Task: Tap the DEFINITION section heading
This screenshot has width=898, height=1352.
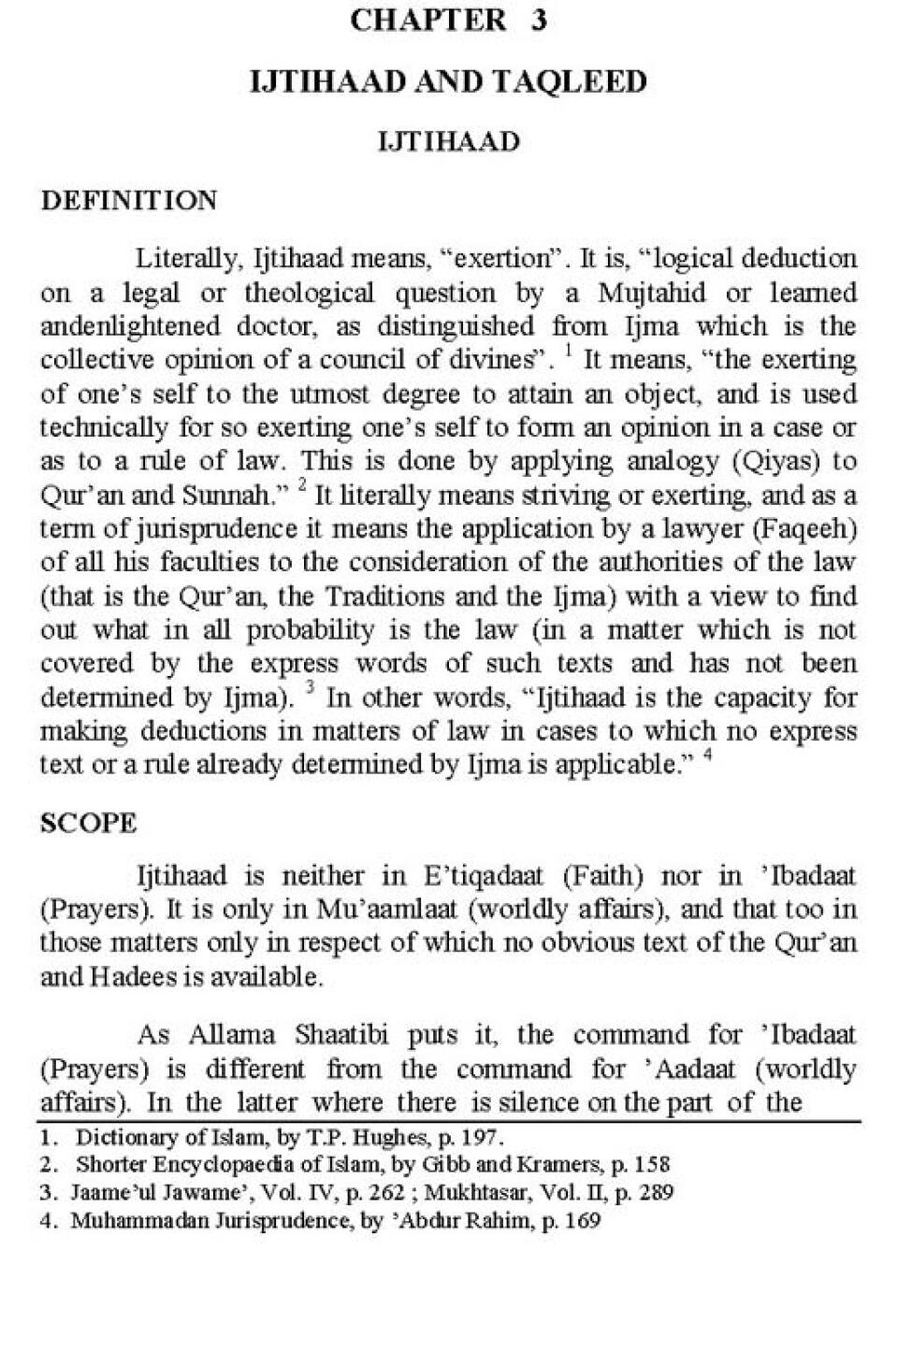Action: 129,200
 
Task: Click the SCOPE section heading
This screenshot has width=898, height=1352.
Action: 89,823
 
